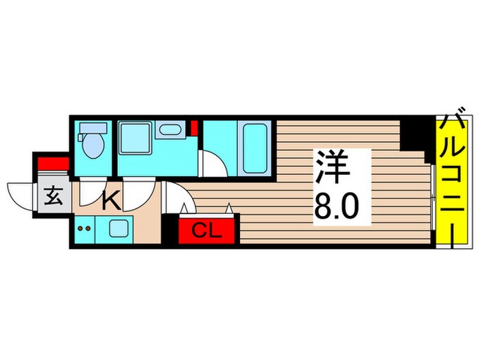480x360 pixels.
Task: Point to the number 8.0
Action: pyautogui.click(x=335, y=204)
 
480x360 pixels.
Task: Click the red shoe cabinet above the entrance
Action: pyautogui.click(x=53, y=163)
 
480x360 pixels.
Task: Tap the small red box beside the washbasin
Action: pyautogui.click(x=194, y=127)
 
